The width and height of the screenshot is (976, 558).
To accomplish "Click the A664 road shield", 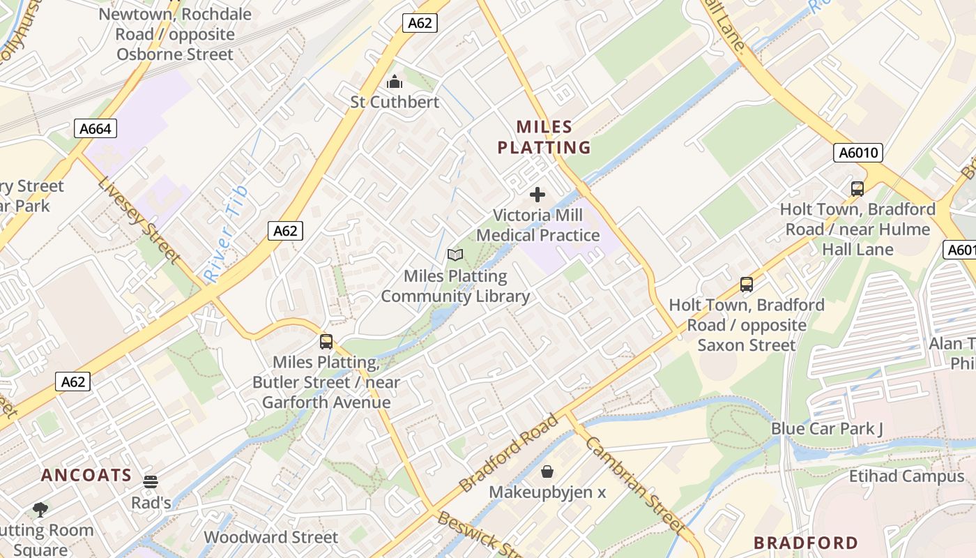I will click(x=95, y=128).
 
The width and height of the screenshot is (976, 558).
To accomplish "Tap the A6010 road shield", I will click(x=857, y=153).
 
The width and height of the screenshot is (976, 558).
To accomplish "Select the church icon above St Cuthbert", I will click(x=395, y=82).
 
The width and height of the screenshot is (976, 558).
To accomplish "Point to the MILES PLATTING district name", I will click(x=544, y=137).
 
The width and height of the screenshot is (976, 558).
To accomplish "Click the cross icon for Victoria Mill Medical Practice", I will click(x=537, y=195).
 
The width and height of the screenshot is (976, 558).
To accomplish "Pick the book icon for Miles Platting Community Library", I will click(x=455, y=255).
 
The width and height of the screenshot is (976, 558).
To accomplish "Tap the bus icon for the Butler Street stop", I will click(x=326, y=342).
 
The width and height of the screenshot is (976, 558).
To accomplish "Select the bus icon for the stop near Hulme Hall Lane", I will click(x=857, y=188).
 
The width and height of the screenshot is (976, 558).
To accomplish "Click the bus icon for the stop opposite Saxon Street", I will click(x=747, y=285).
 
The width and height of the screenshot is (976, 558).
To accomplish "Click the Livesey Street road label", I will click(x=139, y=220).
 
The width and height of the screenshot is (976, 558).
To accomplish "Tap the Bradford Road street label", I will click(x=509, y=453).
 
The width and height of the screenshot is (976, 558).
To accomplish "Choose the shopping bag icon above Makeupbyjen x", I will click(x=547, y=472).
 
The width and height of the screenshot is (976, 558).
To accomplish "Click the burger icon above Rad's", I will click(x=151, y=482).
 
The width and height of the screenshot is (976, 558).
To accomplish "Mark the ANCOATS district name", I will click(x=86, y=476).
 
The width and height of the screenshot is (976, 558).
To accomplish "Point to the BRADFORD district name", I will click(x=806, y=543).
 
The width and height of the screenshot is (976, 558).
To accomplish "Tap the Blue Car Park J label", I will click(x=827, y=428).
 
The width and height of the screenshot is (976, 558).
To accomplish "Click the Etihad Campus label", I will click(x=906, y=476).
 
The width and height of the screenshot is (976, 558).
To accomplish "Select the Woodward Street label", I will click(x=270, y=537).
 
